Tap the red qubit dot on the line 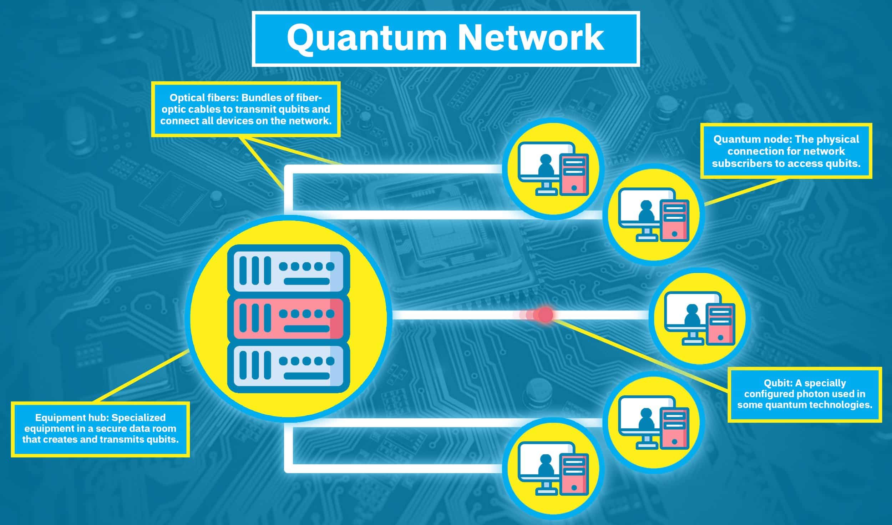tap(545, 314)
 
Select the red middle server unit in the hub tap(288, 318)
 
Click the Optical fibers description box tap(246, 109)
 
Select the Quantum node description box tap(786, 151)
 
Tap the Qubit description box tap(805, 394)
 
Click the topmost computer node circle tap(553, 168)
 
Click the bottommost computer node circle tap(553, 468)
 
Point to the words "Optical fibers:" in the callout tap(200, 98)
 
